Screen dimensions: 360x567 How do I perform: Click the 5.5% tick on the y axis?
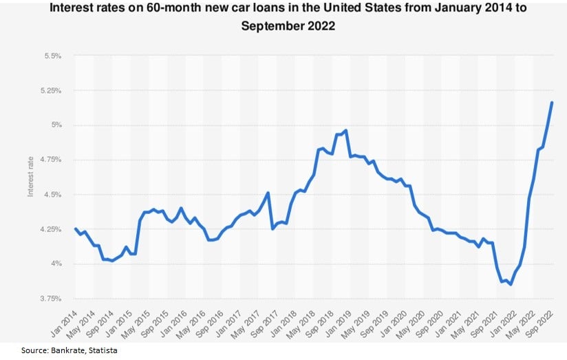(x=53, y=56)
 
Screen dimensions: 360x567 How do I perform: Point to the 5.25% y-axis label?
(x=51, y=90)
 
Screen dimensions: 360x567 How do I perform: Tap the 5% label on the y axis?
(x=56, y=125)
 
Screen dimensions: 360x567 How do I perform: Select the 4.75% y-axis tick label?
(x=51, y=160)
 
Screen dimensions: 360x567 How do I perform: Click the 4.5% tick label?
(x=53, y=195)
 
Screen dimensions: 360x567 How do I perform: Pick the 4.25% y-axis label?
(x=51, y=229)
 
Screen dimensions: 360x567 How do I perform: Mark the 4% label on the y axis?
(x=56, y=264)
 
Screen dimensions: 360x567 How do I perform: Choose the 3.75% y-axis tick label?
(x=51, y=299)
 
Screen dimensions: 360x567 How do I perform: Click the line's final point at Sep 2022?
(x=552, y=103)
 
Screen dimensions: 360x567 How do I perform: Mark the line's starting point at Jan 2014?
(x=75, y=229)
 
